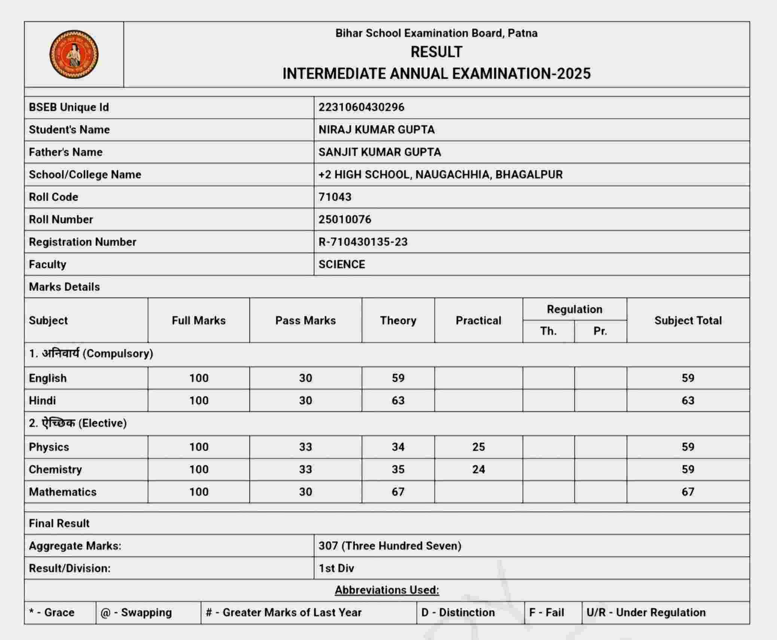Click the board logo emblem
click(74, 54)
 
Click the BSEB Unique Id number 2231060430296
click(361, 107)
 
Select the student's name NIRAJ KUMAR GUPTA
click(376, 130)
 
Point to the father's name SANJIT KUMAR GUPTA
click(380, 152)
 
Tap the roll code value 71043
click(335, 197)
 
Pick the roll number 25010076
click(345, 220)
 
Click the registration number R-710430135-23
click(363, 242)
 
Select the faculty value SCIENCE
click(342, 265)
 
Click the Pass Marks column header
click(305, 321)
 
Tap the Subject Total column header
click(688, 321)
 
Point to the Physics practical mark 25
click(478, 447)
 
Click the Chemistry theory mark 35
click(398, 469)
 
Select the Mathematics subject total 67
click(688, 492)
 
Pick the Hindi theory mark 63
click(398, 400)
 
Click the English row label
click(48, 378)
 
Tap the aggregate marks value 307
click(328, 546)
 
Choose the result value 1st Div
click(336, 568)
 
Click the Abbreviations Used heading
click(387, 590)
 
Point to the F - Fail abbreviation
click(546, 613)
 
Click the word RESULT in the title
click(436, 52)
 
